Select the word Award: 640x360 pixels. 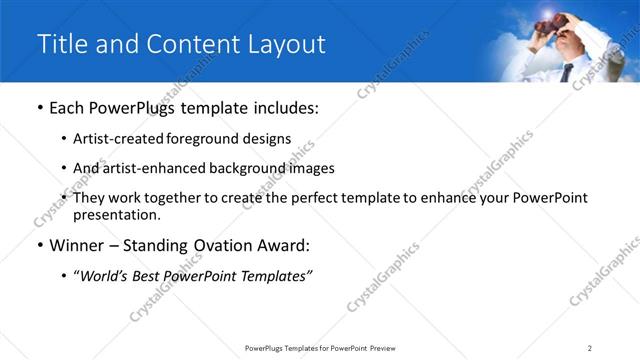(x=282, y=245)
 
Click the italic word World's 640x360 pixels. (x=104, y=276)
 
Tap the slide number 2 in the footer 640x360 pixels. (x=590, y=347)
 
